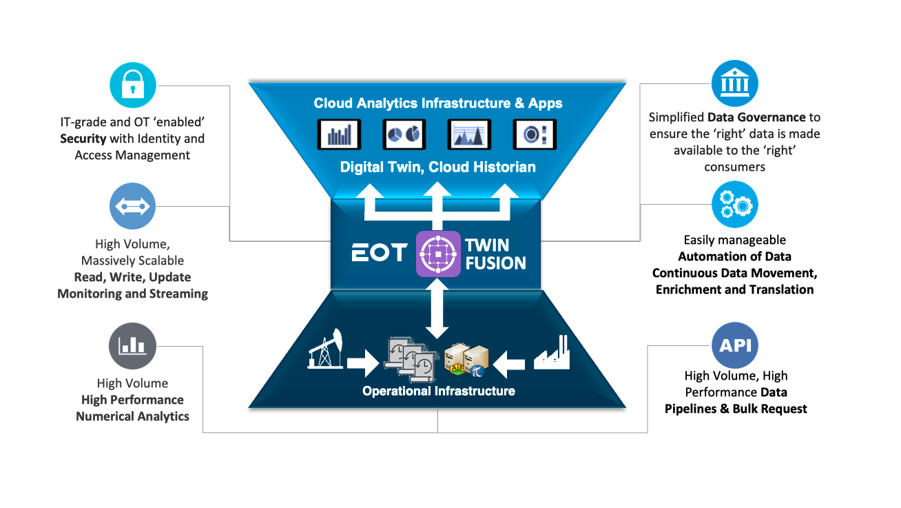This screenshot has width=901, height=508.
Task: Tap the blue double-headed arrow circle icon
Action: pos(133,205)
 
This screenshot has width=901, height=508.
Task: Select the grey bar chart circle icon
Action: pos(133,345)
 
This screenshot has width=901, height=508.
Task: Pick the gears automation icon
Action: pos(734,204)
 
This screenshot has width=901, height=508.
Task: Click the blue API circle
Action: pos(734,345)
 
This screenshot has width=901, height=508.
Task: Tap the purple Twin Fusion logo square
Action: pos(438,254)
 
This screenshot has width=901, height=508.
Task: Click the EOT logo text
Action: pos(380,253)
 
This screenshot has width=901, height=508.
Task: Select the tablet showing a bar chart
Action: pos(339,134)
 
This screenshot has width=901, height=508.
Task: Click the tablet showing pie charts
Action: pos(404,134)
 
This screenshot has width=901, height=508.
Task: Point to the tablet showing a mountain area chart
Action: pos(470,134)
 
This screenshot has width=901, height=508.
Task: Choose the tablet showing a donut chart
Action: pos(535,134)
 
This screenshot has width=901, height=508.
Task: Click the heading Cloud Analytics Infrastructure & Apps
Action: pos(438,103)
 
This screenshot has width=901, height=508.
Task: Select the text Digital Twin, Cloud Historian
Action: pos(438,167)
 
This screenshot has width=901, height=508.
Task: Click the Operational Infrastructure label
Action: pos(438,392)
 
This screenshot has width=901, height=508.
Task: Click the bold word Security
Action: pos(83,139)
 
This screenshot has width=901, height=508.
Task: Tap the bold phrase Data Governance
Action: pos(756,117)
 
